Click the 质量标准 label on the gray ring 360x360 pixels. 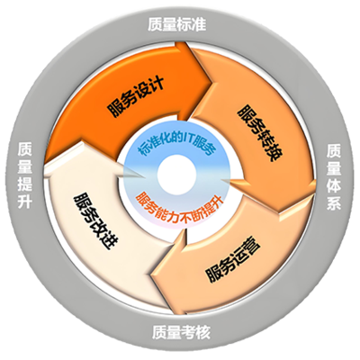click(x=177, y=24)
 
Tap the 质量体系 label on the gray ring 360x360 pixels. click(x=334, y=177)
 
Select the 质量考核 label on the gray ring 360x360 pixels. click(x=181, y=332)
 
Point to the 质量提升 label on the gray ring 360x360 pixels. click(x=25, y=175)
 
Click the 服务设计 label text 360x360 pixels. click(x=136, y=96)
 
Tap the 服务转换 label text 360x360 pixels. click(x=260, y=133)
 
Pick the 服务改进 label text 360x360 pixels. click(x=95, y=221)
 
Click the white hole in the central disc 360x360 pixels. click(x=176, y=175)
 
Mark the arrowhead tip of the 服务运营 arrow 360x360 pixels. click(x=151, y=274)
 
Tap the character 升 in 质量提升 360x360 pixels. click(x=25, y=202)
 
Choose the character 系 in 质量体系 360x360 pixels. click(x=334, y=203)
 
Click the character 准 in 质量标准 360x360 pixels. click(x=199, y=24)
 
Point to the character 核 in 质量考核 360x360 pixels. click(x=202, y=332)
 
